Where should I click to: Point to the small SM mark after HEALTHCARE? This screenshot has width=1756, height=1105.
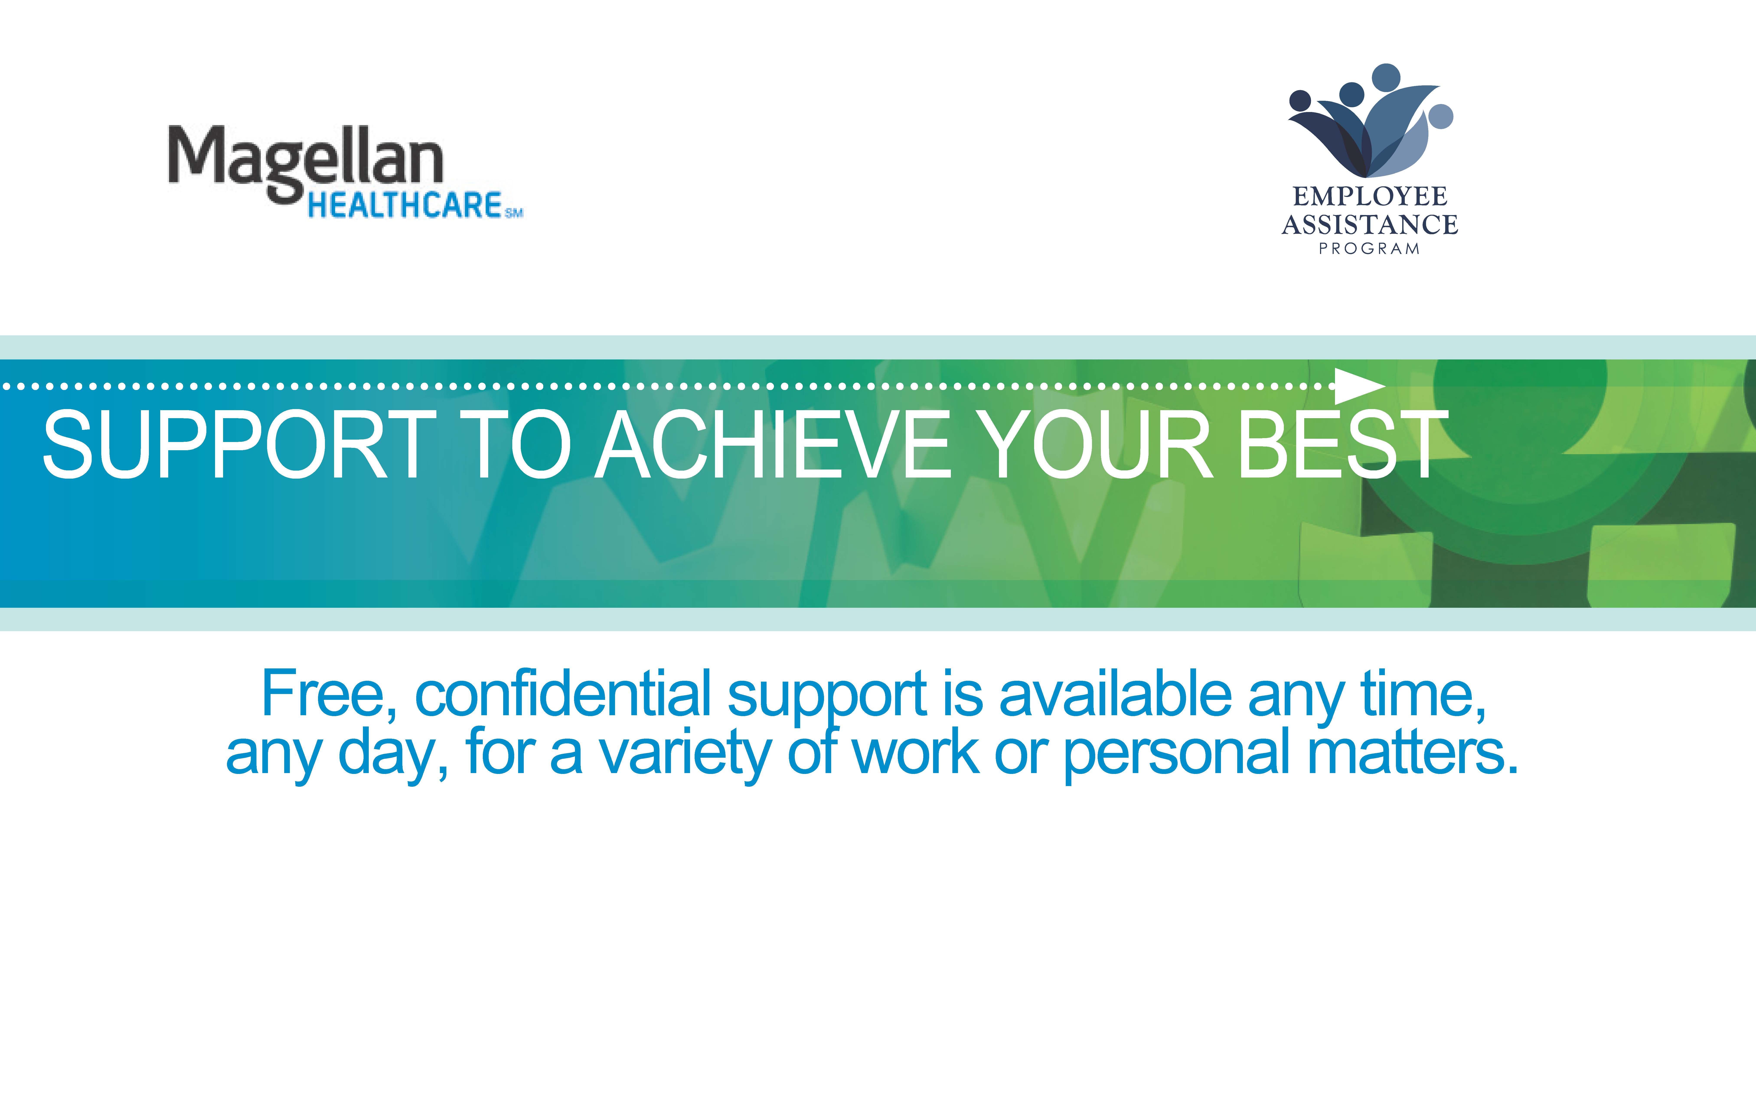514,213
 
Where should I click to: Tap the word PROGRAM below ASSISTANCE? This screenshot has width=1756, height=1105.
1369,249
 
